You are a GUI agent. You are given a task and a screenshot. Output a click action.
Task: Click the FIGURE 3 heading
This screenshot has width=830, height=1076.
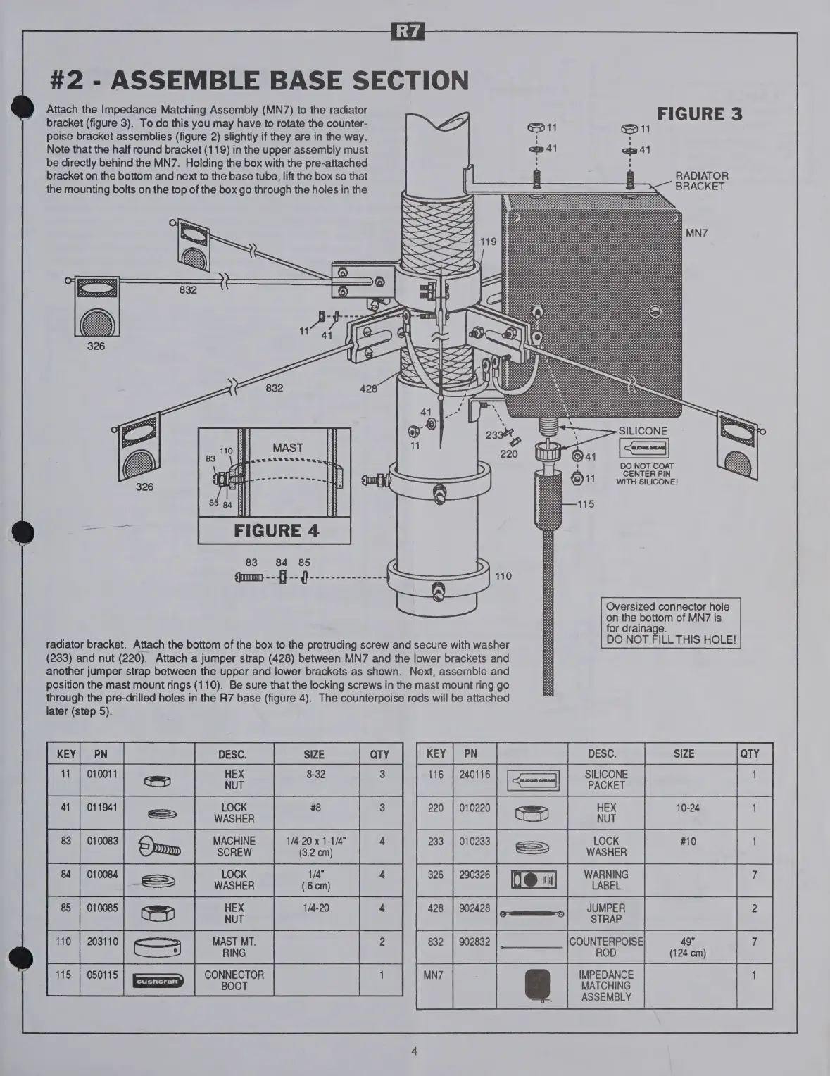tap(699, 114)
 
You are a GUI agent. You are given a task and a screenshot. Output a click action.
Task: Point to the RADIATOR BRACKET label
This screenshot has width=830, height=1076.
tap(701, 181)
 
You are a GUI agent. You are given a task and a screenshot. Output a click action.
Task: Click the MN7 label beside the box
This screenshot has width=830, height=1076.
tap(696, 233)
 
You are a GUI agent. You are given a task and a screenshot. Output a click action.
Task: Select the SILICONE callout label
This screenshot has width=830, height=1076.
tap(643, 431)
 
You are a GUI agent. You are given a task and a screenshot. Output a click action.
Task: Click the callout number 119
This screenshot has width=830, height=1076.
tap(488, 242)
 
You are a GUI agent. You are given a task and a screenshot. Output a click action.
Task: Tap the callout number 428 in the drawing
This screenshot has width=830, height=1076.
tap(368, 388)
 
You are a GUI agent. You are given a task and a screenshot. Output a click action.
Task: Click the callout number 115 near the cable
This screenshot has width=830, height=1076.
tap(586, 503)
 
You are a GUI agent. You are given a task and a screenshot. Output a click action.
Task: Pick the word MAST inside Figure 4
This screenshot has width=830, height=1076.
tap(287, 448)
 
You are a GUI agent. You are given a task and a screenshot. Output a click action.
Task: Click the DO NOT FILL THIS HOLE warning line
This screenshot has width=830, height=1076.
tap(671, 639)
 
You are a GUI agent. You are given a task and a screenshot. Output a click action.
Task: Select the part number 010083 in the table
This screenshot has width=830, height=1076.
tap(101, 841)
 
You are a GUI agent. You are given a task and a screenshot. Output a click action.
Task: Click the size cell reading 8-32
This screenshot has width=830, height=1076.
tap(314, 774)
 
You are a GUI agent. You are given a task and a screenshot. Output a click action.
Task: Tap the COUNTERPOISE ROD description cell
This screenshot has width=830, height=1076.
tap(605, 946)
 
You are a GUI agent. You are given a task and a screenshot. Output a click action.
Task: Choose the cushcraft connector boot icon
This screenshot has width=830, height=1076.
tap(158, 980)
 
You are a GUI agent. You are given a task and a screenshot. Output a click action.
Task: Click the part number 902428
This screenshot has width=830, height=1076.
tap(474, 908)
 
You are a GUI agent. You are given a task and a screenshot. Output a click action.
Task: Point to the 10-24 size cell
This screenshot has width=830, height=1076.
tap(687, 808)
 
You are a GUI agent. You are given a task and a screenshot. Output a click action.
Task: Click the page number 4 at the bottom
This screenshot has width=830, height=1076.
tap(415, 1051)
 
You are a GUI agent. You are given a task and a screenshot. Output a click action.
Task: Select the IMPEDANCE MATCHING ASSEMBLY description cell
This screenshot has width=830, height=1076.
tap(605, 985)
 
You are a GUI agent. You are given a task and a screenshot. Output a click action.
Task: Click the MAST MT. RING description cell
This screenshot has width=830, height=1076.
tap(234, 946)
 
